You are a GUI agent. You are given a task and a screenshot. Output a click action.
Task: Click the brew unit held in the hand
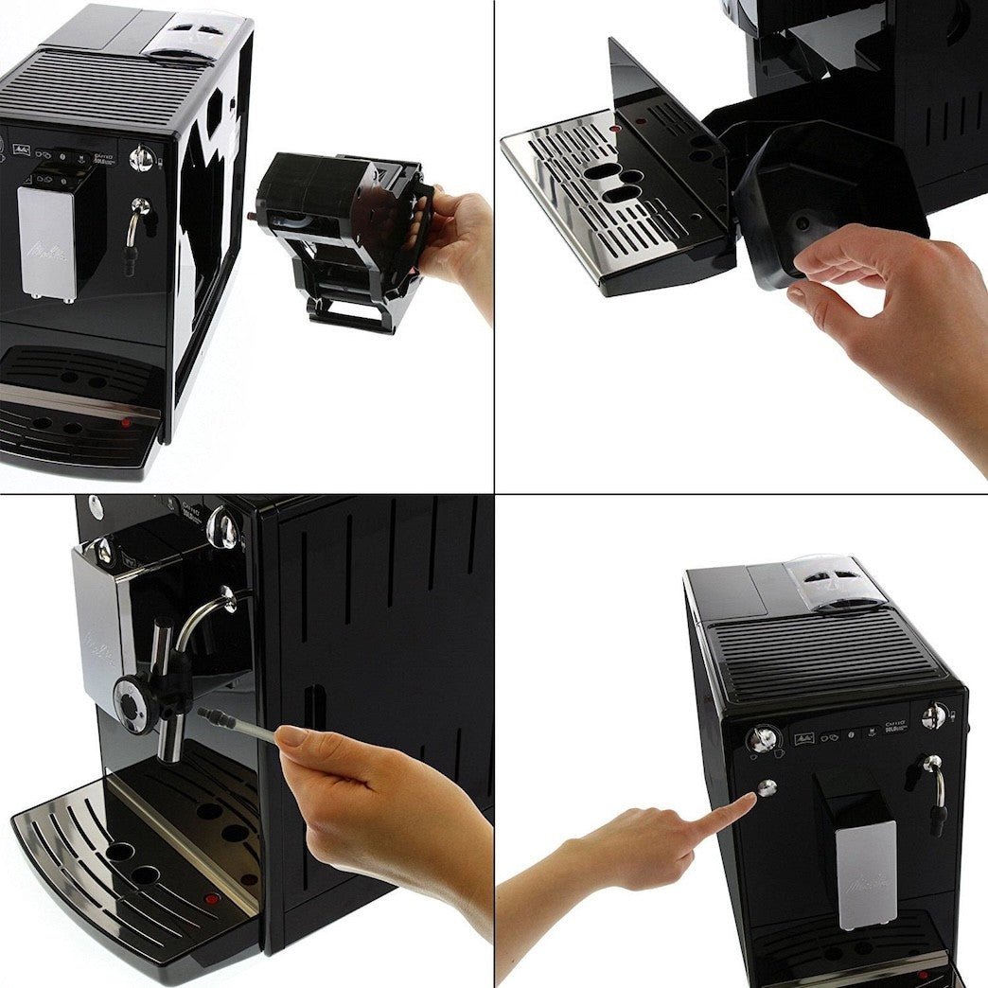pyautogui.click(x=341, y=237)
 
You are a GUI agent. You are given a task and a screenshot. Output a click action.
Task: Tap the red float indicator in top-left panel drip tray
pyautogui.click(x=125, y=423)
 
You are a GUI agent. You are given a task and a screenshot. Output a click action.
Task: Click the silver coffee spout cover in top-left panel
pyautogui.click(x=45, y=243)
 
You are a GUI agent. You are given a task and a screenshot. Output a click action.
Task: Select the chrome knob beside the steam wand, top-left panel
pyautogui.click(x=141, y=158)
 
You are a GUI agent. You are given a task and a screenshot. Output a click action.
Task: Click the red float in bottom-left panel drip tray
pyautogui.click(x=212, y=898)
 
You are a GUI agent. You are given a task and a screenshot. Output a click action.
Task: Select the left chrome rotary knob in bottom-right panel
pyautogui.click(x=763, y=736)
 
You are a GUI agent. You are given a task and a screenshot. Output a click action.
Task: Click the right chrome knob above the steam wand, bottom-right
pyautogui.click(x=934, y=715)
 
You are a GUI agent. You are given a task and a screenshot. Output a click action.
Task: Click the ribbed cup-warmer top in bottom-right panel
pyautogui.click(x=823, y=653)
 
